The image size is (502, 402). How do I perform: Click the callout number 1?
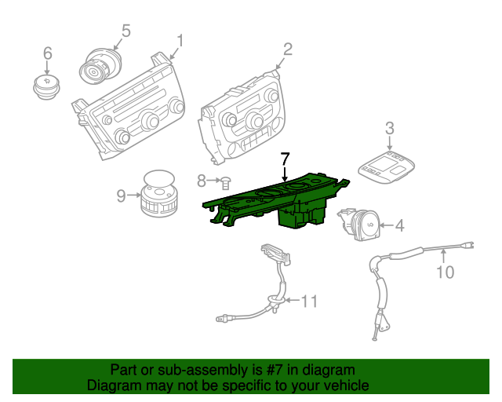(x=180, y=41)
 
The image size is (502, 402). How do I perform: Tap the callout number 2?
(x=288, y=49)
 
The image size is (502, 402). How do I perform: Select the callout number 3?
(x=389, y=128)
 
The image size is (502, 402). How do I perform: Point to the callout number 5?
(x=126, y=31)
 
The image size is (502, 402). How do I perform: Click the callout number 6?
(x=47, y=53)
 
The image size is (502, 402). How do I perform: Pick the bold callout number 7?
(x=285, y=159)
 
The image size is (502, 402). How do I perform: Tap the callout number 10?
(x=446, y=272)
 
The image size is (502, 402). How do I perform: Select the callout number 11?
(x=310, y=301)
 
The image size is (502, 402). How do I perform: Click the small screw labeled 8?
(x=226, y=184)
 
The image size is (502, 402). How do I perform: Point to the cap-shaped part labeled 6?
(x=47, y=86)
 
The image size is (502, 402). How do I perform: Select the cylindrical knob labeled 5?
(x=100, y=67)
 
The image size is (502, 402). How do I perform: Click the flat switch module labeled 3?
(x=387, y=166)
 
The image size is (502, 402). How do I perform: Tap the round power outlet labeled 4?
(x=360, y=224)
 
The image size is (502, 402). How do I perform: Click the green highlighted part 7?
(x=275, y=202)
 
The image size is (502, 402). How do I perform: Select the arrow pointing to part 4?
(x=387, y=225)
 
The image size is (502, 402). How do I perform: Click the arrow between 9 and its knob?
(x=134, y=195)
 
